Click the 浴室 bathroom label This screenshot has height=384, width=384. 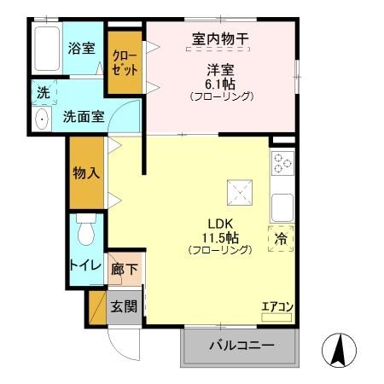click(81, 48)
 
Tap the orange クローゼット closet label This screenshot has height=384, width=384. click(125, 63)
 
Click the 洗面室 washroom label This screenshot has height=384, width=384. click(84, 116)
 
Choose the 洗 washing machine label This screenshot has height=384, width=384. click(42, 92)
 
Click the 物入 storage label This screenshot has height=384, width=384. click(87, 172)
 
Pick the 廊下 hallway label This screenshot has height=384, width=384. click(125, 270)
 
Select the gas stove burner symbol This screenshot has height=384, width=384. click(282, 163)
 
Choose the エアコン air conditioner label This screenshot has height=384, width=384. click(277, 306)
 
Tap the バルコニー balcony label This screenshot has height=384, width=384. click(241, 346)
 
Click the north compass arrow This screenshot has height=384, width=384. click(338, 350)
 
